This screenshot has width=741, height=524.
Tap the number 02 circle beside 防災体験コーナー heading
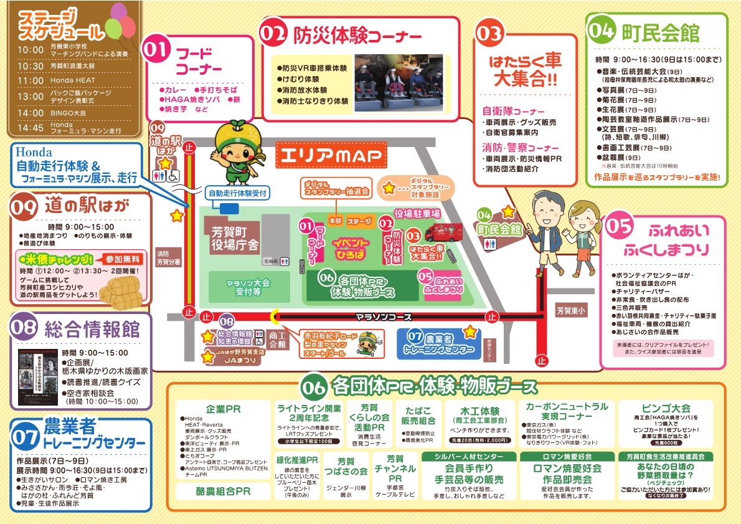pyautogui.click(x=275, y=34)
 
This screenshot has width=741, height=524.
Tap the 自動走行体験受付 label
pyautogui.click(x=237, y=193)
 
